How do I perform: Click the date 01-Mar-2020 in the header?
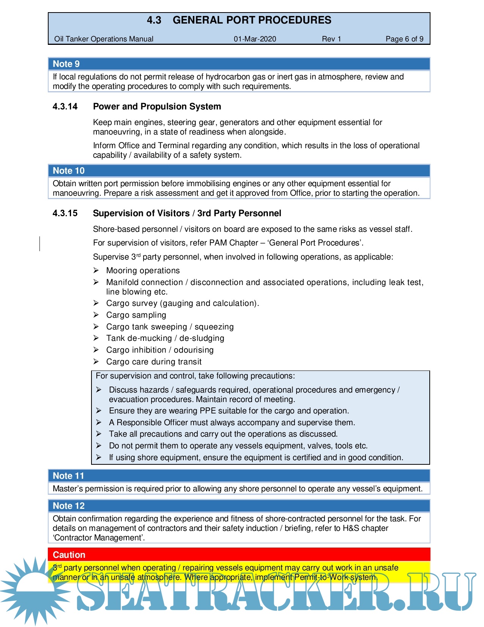(x=255, y=39)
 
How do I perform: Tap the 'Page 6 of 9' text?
(x=404, y=39)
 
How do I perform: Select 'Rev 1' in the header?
(x=331, y=39)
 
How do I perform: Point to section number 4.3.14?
(x=65, y=106)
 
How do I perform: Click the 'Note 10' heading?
(x=69, y=171)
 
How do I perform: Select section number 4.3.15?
(x=65, y=213)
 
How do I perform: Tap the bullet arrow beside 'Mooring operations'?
(x=96, y=270)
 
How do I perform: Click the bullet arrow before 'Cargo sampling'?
(x=96, y=315)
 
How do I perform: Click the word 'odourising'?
(x=194, y=350)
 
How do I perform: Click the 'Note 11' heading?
(x=68, y=476)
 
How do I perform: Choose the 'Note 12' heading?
(x=69, y=506)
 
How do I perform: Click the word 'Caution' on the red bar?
(x=69, y=555)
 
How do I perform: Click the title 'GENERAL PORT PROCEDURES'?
(x=252, y=20)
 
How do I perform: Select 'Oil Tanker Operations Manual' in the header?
(x=104, y=39)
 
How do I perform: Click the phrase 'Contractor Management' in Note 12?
(x=98, y=538)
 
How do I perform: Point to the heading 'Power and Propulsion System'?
(x=157, y=106)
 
